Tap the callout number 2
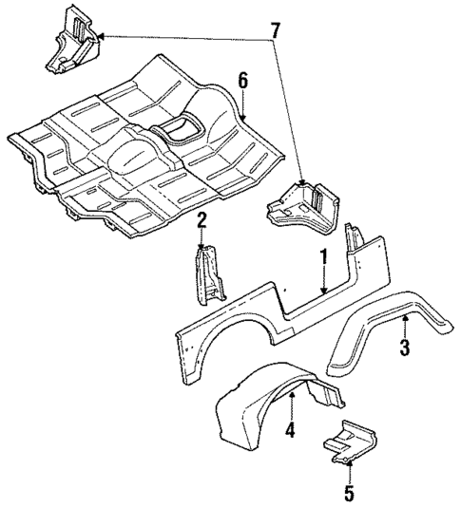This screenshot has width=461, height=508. [x=201, y=220]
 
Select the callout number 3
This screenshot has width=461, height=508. [x=405, y=348]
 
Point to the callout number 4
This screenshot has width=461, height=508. [x=289, y=430]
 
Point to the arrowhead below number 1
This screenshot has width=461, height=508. [x=323, y=291]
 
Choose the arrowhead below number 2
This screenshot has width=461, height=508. [x=201, y=249]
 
